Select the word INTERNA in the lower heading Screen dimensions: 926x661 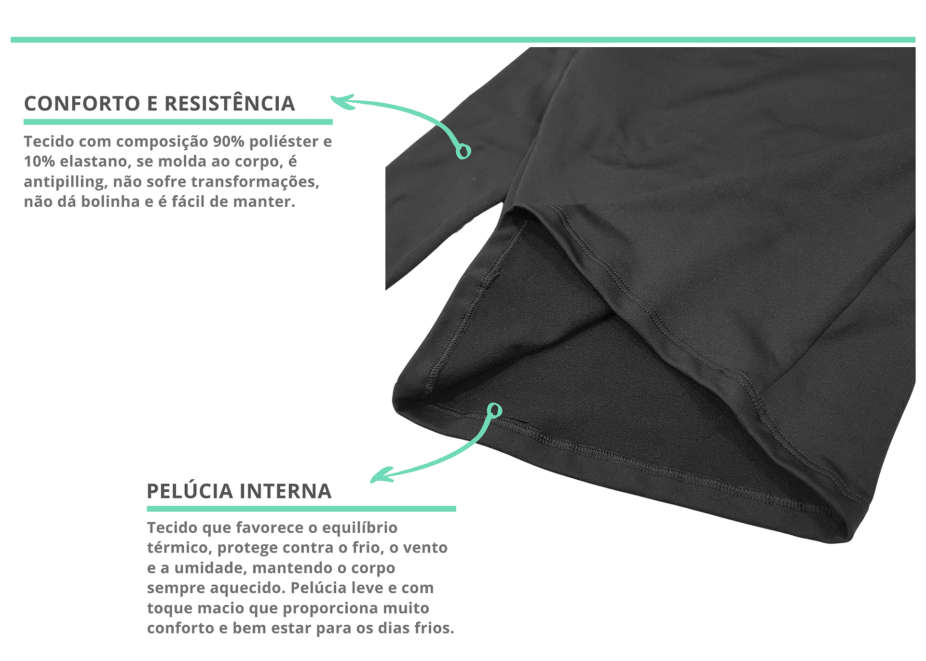(x=286, y=491)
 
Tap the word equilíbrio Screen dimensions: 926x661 (x=360, y=528)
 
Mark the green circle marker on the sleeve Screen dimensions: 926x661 (x=463, y=151)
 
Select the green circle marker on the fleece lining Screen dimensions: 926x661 (x=494, y=410)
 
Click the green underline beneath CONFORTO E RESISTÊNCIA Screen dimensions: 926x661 (x=178, y=122)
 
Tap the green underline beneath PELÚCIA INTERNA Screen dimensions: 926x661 (x=301, y=509)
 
